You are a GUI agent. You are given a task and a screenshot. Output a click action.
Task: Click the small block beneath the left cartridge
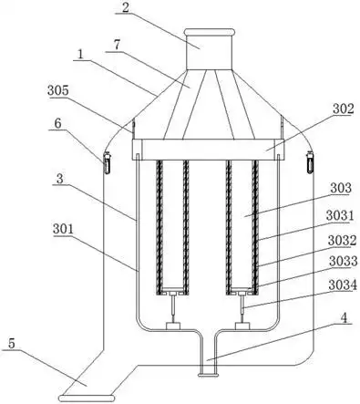coord(173,326)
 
